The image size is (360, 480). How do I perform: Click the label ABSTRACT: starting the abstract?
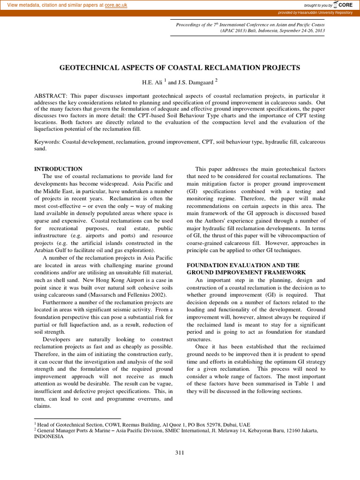tap(52, 96)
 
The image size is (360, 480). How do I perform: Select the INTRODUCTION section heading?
tap(59, 169)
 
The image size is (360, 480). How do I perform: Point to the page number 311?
tap(180, 452)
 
